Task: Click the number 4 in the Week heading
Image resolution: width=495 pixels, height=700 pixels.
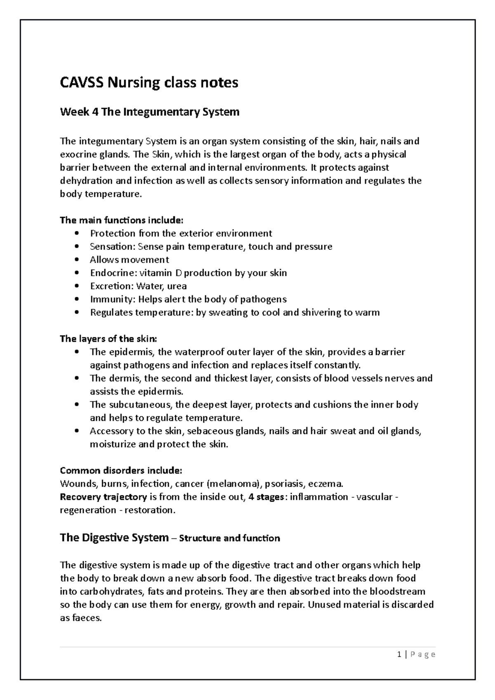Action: (x=95, y=112)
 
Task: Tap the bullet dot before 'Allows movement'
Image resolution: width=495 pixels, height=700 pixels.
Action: (x=77, y=260)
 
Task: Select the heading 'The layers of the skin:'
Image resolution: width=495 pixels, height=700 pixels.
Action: (x=108, y=339)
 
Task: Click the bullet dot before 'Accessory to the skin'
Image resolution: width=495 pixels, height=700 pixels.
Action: (x=77, y=432)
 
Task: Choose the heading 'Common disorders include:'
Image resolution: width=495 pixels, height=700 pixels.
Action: (x=121, y=471)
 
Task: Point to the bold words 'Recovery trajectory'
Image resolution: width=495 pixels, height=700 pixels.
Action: (x=103, y=497)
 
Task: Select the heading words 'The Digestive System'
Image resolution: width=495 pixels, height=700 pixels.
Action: (x=114, y=538)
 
